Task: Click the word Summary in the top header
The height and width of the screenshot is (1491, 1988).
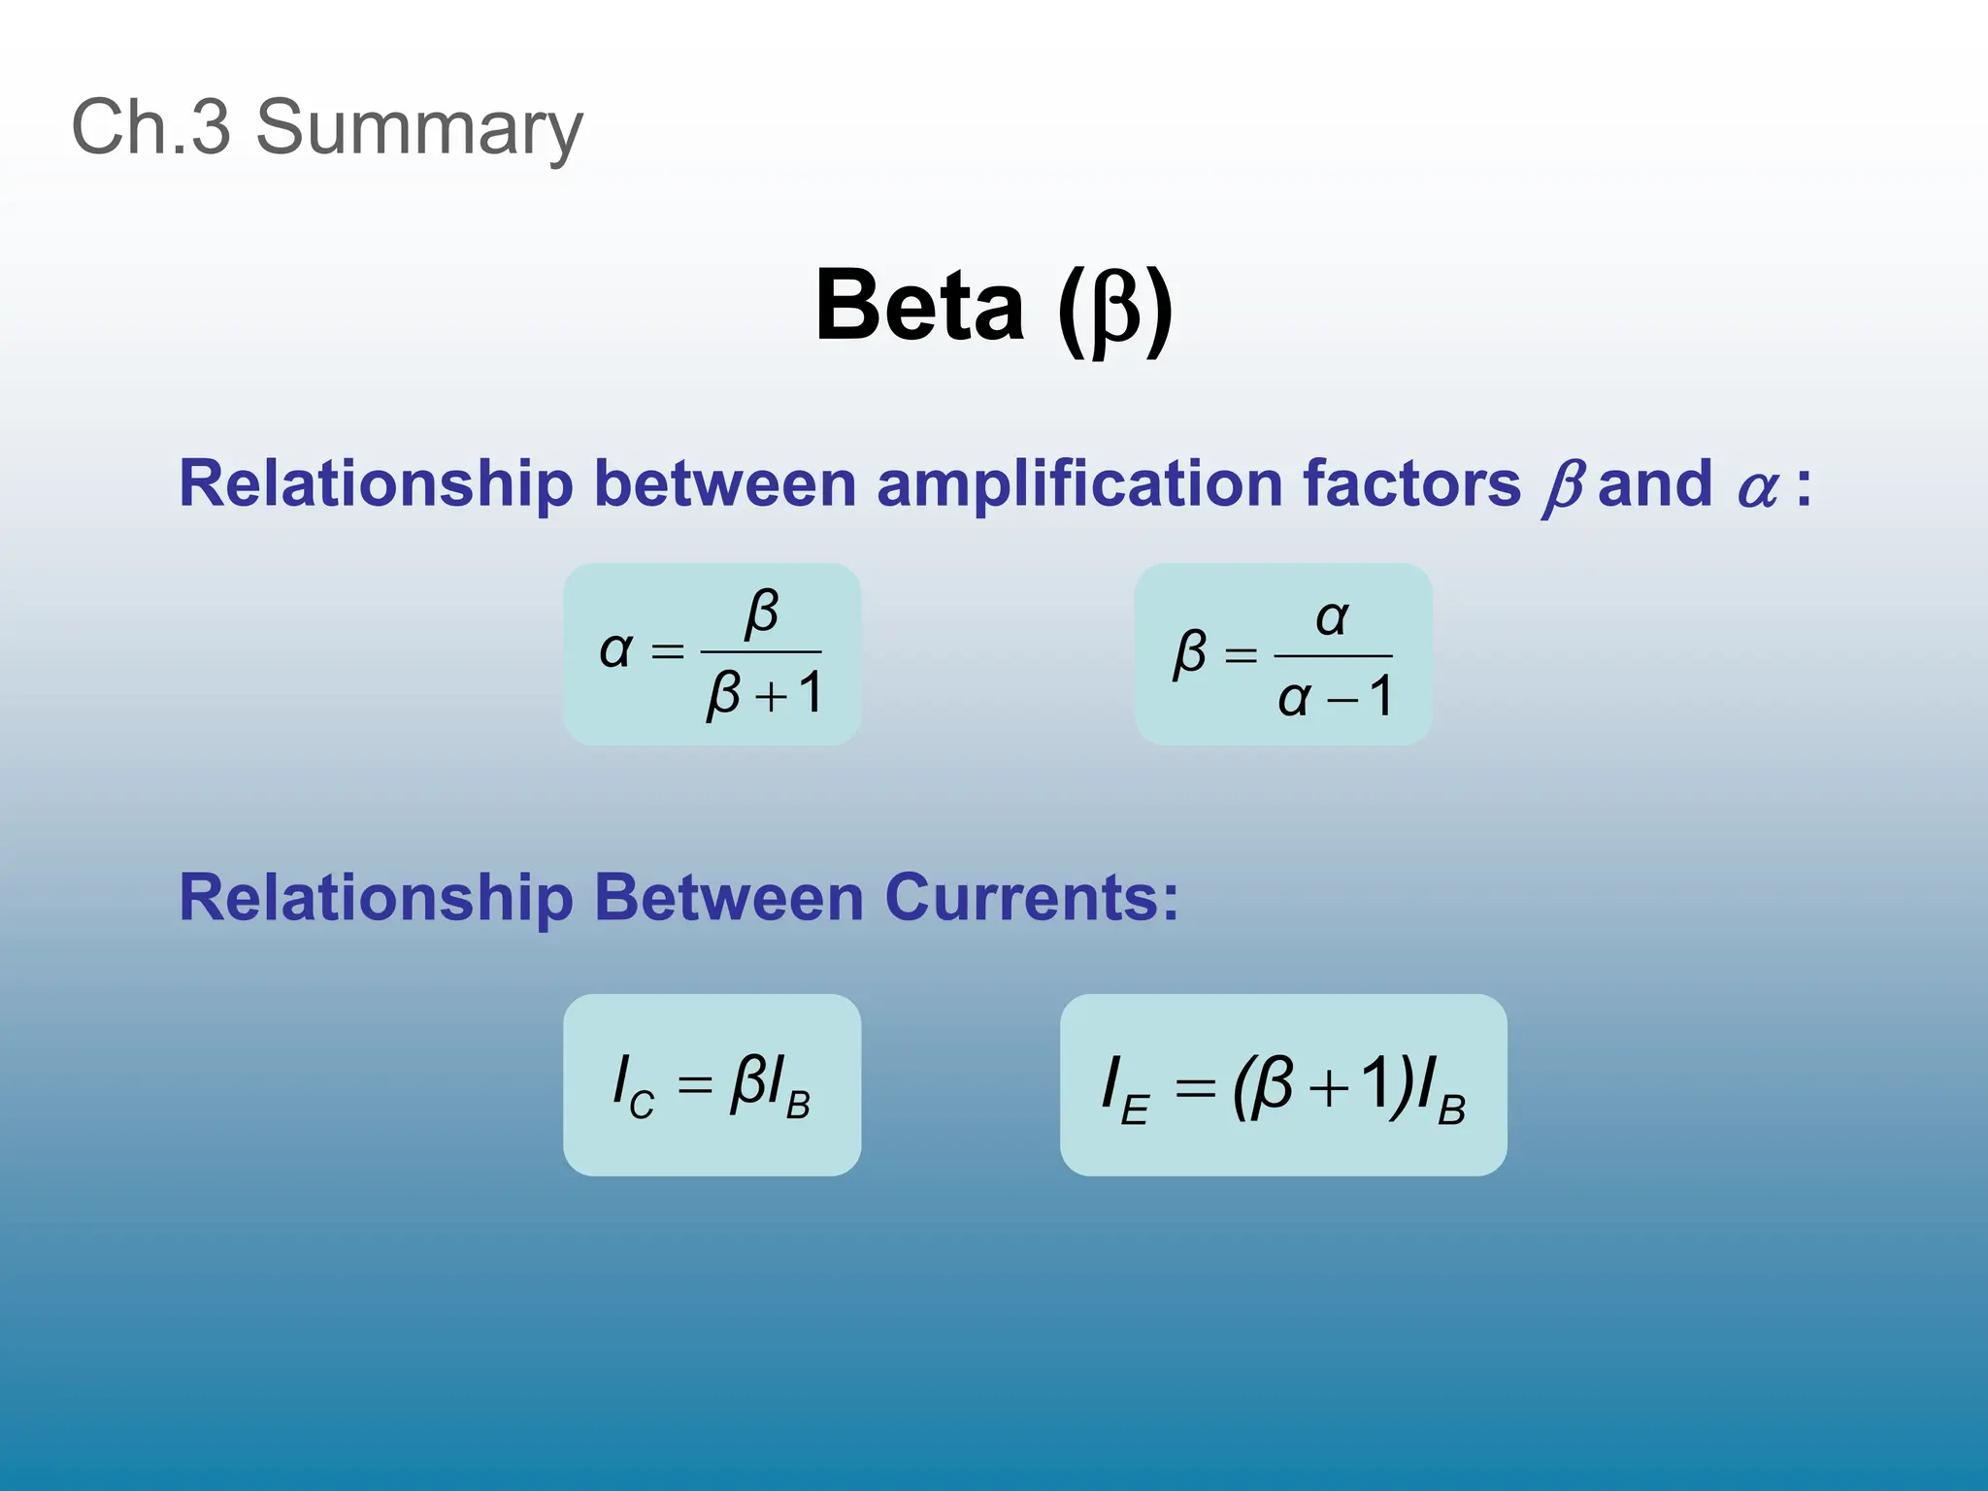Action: pos(419,127)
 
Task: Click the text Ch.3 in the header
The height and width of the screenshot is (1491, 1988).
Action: pos(151,127)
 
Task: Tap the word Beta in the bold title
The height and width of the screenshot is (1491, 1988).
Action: pos(920,305)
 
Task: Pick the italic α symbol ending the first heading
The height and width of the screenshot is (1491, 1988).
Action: pos(1758,487)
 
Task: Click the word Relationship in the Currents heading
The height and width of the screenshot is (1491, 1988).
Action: pos(377,898)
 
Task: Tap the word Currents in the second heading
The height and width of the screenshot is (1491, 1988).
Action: pos(1031,898)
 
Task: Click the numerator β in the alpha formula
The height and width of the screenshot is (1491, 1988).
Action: pos(762,613)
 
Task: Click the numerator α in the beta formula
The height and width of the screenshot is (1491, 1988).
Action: pos(1333,617)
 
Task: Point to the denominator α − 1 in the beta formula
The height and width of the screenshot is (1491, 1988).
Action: pos(1335,698)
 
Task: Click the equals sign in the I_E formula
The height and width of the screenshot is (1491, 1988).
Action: pos(1195,1088)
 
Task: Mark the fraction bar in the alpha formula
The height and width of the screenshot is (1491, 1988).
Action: pos(761,652)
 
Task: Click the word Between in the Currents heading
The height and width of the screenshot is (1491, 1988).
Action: pos(728,898)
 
